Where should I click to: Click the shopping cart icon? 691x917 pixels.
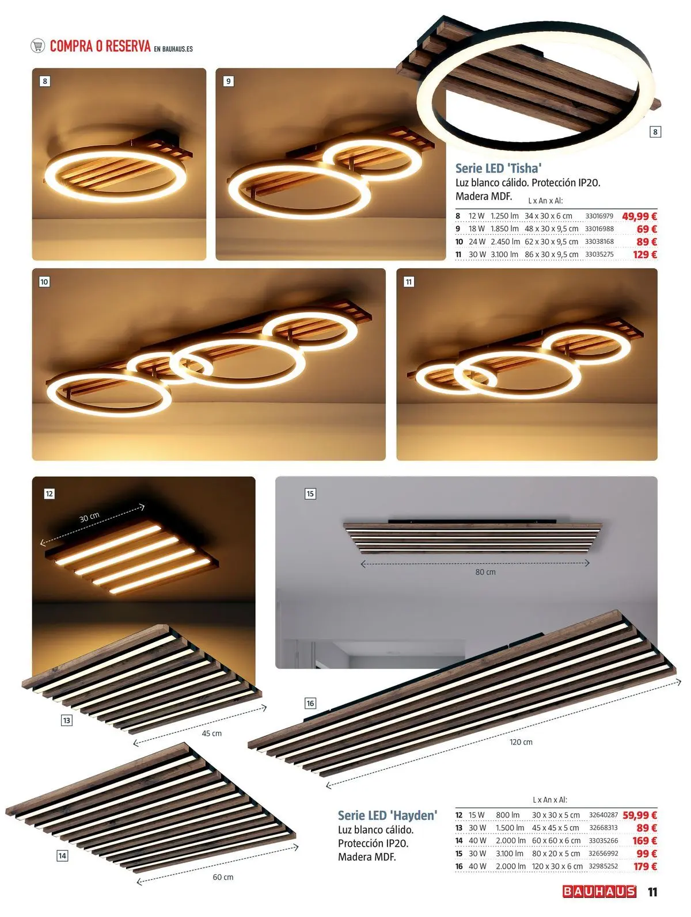[x=37, y=45]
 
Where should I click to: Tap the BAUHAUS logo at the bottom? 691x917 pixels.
[x=599, y=891]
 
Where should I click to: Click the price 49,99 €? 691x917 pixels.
[x=639, y=216]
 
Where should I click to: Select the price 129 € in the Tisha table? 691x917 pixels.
[x=645, y=254]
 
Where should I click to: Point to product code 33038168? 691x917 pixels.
[x=599, y=242]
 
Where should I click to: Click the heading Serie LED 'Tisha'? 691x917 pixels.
[x=498, y=169]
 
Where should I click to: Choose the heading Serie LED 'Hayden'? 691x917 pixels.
[x=387, y=815]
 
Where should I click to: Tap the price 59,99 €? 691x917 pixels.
[x=640, y=815]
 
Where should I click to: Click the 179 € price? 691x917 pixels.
[x=645, y=866]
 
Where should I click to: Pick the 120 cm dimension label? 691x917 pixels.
[x=521, y=742]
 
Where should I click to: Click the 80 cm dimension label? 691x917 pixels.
[x=485, y=572]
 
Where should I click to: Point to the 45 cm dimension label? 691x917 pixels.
[x=211, y=733]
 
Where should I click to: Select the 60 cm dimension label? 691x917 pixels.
[x=223, y=877]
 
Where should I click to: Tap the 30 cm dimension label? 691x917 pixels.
[x=89, y=517]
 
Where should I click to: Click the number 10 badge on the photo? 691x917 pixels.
[x=44, y=281]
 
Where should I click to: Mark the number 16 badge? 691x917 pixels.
[x=310, y=703]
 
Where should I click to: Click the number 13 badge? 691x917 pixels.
[x=66, y=720]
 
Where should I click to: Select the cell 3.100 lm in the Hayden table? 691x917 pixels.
[x=510, y=854]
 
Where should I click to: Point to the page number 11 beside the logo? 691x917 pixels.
[x=652, y=891]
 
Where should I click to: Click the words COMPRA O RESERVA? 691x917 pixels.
[x=100, y=46]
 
